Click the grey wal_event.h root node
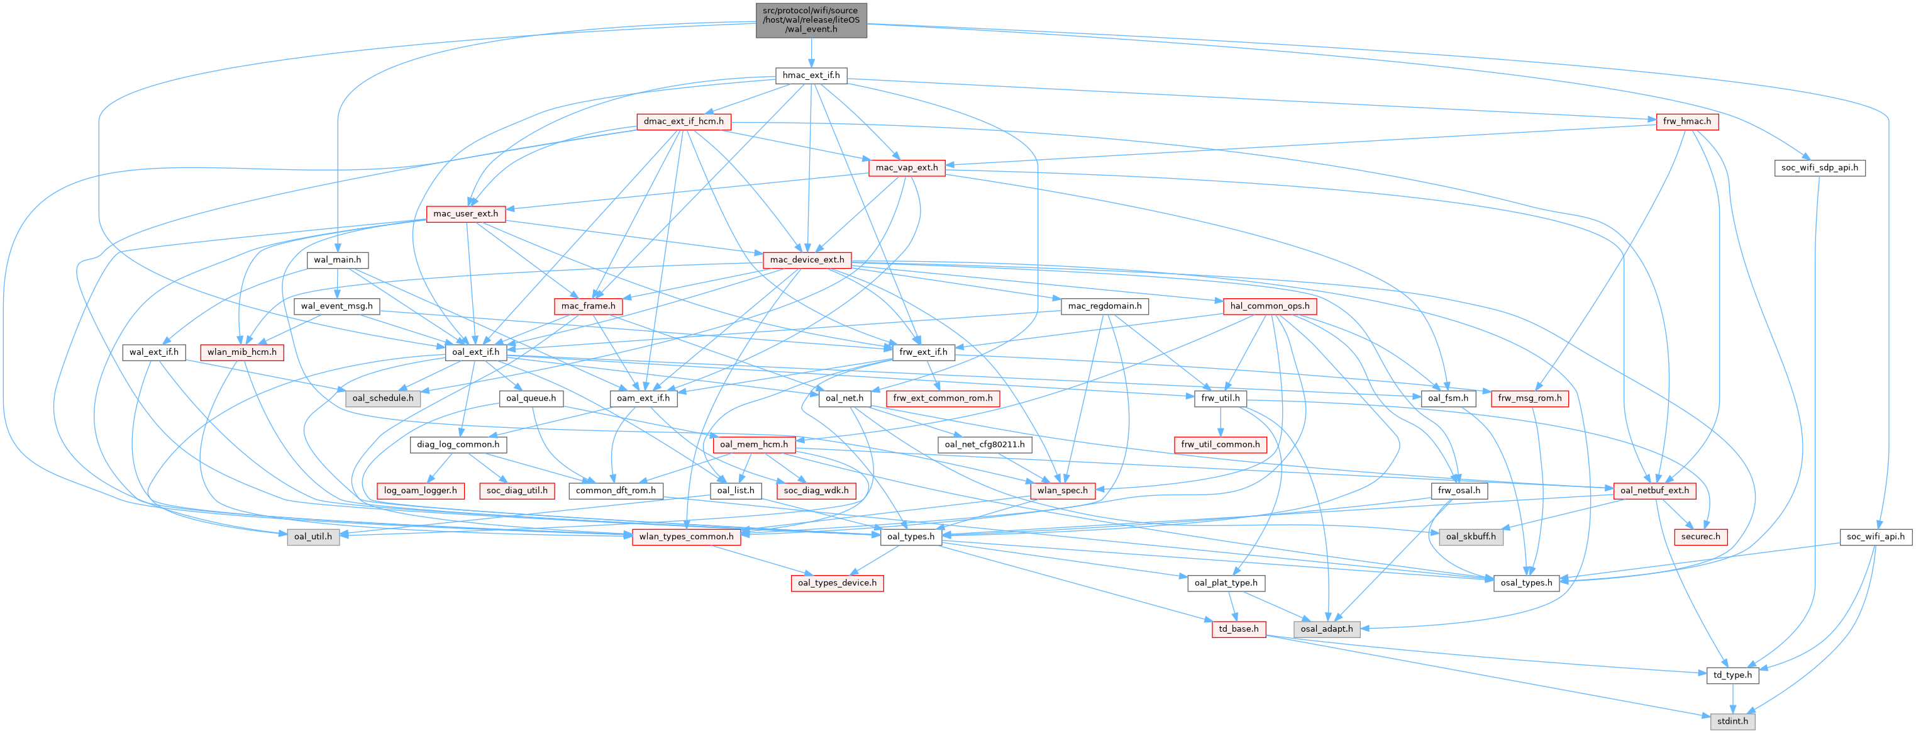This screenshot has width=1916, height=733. pos(811,20)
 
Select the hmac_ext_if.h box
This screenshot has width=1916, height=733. pos(811,75)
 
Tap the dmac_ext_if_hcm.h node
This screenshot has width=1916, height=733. pos(684,121)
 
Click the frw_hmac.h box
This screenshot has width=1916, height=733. pos(1687,121)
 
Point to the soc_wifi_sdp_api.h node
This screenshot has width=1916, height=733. pos(1819,167)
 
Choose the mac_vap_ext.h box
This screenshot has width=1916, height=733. pos(907,167)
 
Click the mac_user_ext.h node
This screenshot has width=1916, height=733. pos(465,213)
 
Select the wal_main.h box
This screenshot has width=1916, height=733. pos(337,260)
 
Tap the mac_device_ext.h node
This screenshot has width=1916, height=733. pos(807,260)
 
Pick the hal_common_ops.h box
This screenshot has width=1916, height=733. pos(1270,306)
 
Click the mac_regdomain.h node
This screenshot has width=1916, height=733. pos(1105,306)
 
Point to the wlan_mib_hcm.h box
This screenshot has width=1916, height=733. pos(241,352)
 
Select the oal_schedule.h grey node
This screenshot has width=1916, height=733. pos(383,398)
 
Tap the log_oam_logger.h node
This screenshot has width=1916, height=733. pos(420,490)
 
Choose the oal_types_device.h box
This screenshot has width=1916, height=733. pos(837,583)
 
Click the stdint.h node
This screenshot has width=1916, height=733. pos(1732,721)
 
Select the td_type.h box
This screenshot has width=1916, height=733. pos(1732,675)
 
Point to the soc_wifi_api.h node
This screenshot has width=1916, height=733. pos(1875,537)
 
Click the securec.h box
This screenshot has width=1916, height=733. pos(1700,537)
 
